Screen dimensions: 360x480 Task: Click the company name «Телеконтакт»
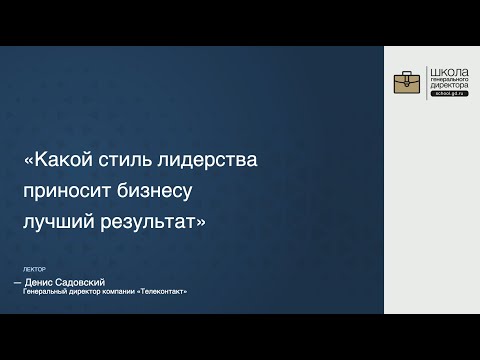click(159, 291)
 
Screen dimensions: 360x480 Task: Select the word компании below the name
click(117, 291)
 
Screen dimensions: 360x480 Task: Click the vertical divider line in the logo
click(424, 86)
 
